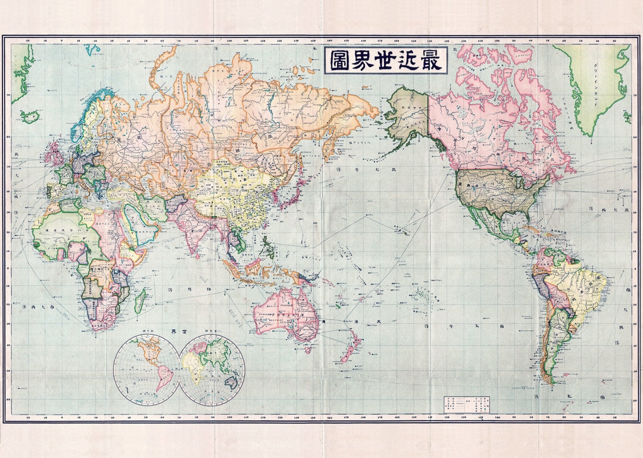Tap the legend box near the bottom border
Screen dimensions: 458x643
pos(464,404)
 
